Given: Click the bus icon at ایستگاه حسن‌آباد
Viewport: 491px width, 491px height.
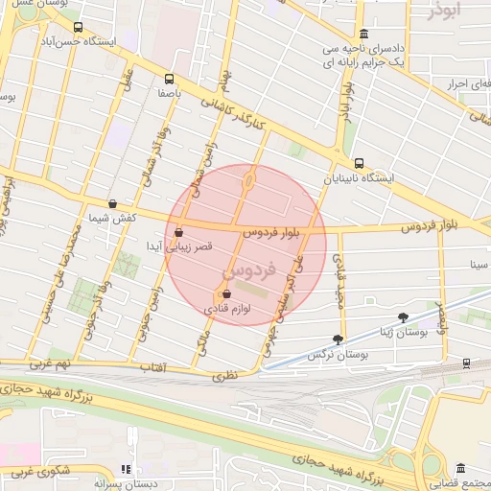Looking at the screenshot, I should click(78, 28).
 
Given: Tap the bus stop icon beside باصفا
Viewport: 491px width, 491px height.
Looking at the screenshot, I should click(169, 80).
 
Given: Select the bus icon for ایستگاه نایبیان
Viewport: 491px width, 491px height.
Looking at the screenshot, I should click(359, 163).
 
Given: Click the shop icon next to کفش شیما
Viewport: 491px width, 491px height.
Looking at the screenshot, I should click(114, 203).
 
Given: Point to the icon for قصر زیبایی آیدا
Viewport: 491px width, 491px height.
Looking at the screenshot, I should click(179, 231).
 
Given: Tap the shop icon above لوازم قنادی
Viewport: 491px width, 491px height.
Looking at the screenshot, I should click(226, 294).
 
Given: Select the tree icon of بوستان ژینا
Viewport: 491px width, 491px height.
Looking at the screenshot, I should click(402, 316).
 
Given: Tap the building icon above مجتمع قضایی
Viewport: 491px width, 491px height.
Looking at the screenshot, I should click(461, 467).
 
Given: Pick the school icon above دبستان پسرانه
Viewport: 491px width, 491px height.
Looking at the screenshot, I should click(125, 469).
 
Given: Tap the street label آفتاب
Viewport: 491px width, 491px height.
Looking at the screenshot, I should click(153, 367).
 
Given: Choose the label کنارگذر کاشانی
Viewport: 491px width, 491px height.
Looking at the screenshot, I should click(238, 118).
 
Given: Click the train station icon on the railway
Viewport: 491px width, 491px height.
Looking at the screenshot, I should click(466, 362).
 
